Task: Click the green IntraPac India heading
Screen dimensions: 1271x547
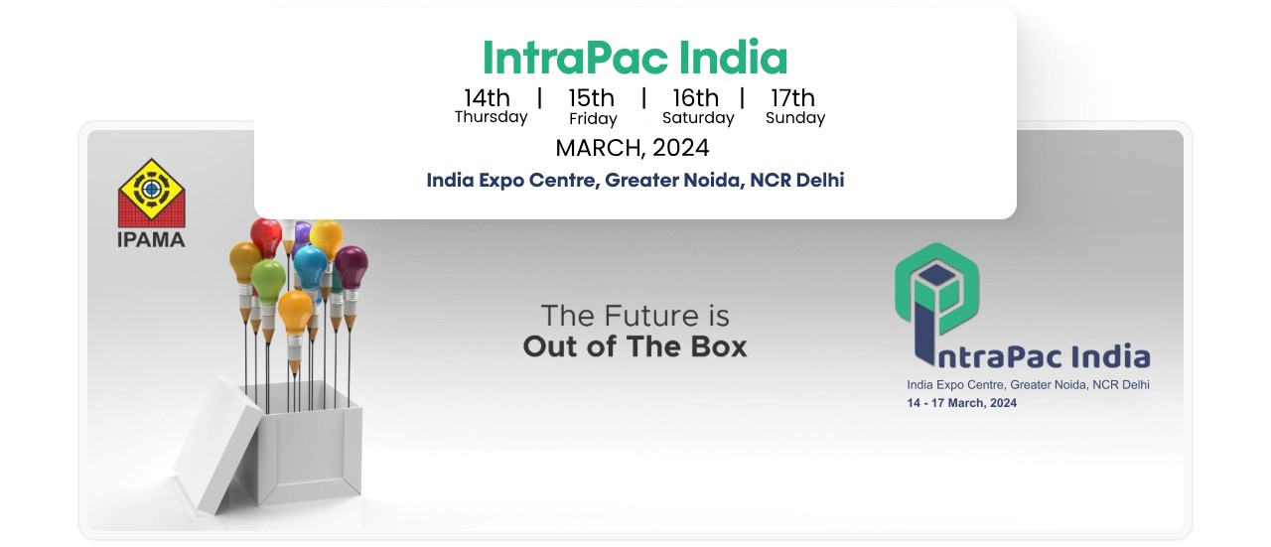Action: pyautogui.click(x=635, y=58)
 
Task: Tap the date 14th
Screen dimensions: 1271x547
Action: pyautogui.click(x=487, y=97)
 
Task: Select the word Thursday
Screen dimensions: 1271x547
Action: pyautogui.click(x=491, y=117)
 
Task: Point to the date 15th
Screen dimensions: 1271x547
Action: pyautogui.click(x=591, y=97)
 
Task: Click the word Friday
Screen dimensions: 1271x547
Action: pyautogui.click(x=593, y=118)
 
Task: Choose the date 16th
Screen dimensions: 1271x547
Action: pyautogui.click(x=696, y=97)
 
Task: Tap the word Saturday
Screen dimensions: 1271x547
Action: pyautogui.click(x=698, y=117)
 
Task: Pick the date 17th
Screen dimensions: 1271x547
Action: pyautogui.click(x=792, y=97)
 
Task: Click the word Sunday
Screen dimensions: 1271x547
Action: pyautogui.click(x=795, y=117)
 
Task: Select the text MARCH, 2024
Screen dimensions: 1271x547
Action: pyautogui.click(x=633, y=148)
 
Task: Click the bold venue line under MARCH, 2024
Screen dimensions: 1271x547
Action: pyautogui.click(x=635, y=181)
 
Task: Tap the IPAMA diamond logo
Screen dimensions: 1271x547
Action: pyautogui.click(x=152, y=193)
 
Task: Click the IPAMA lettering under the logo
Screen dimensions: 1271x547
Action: pyautogui.click(x=151, y=240)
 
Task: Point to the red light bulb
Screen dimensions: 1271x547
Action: pyautogui.click(x=266, y=235)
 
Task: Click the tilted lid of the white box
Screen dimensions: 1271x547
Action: pyautogui.click(x=218, y=446)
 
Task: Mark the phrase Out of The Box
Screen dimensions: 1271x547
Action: pyautogui.click(x=635, y=346)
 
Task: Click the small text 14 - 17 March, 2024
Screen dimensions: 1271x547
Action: pyautogui.click(x=962, y=403)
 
